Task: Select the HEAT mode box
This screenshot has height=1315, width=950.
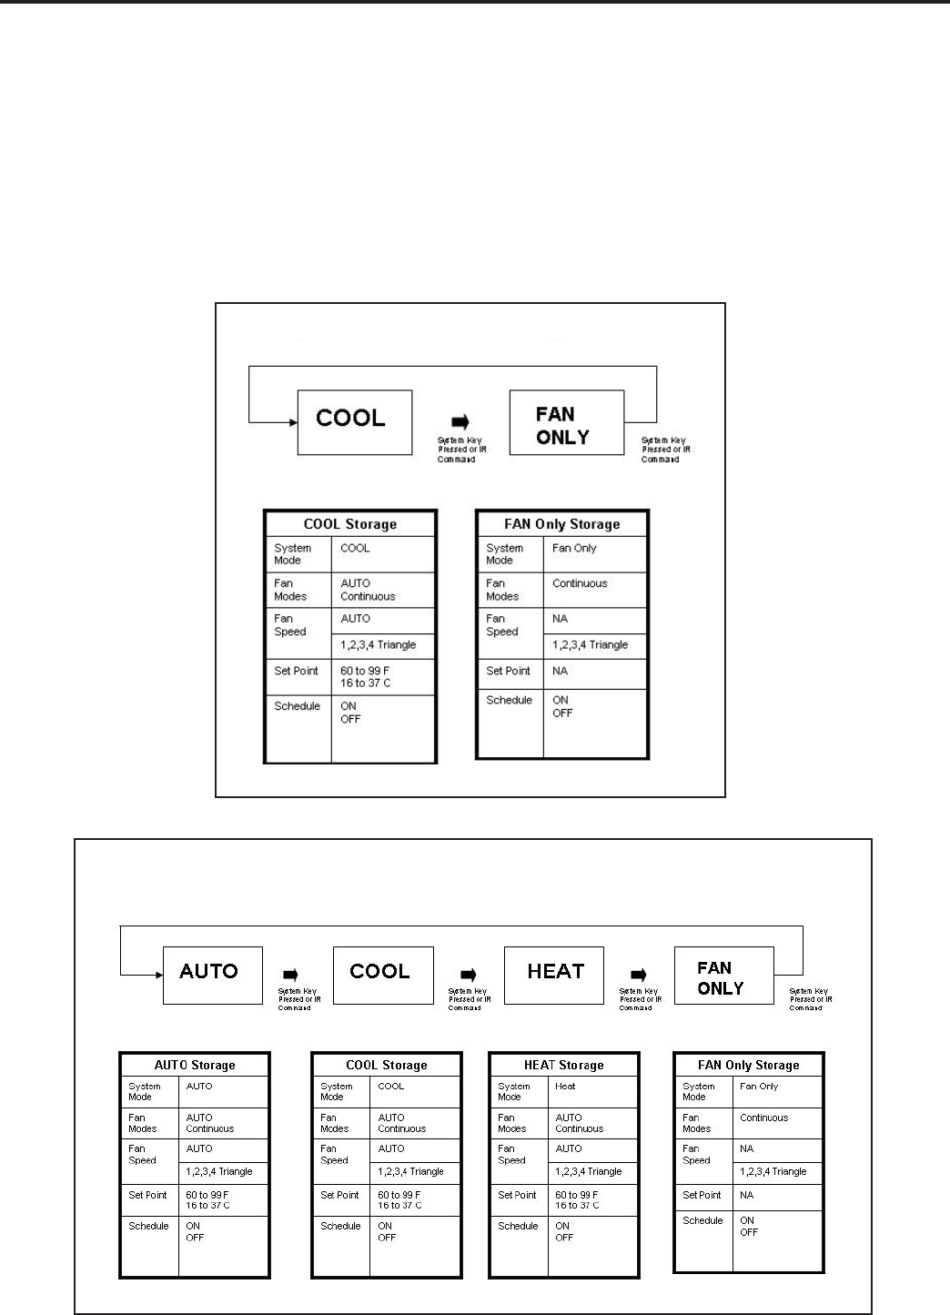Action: click(x=554, y=975)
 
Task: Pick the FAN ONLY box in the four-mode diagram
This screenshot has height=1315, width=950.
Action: click(x=723, y=975)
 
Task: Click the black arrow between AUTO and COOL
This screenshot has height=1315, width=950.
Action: click(x=291, y=976)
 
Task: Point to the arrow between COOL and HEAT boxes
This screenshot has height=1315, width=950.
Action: click(x=468, y=976)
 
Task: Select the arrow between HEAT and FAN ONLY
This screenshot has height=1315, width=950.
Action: click(x=638, y=976)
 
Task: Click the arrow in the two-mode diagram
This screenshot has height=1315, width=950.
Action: click(x=461, y=422)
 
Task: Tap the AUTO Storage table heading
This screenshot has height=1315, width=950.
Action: click(x=195, y=1065)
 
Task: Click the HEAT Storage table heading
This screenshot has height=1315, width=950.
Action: click(x=563, y=1065)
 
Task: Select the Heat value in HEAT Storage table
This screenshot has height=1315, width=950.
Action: click(x=565, y=1086)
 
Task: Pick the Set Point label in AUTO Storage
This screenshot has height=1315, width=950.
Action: click(x=147, y=1195)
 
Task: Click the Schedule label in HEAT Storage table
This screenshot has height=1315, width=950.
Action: click(x=518, y=1226)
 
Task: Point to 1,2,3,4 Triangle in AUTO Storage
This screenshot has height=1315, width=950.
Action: click(x=219, y=1172)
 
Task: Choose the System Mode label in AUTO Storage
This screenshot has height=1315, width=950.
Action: click(x=144, y=1091)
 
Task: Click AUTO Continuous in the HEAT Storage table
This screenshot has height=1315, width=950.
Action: click(x=579, y=1123)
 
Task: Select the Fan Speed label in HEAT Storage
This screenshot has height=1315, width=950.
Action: click(x=511, y=1154)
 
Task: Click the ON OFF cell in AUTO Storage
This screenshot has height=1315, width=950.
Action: click(x=195, y=1231)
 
